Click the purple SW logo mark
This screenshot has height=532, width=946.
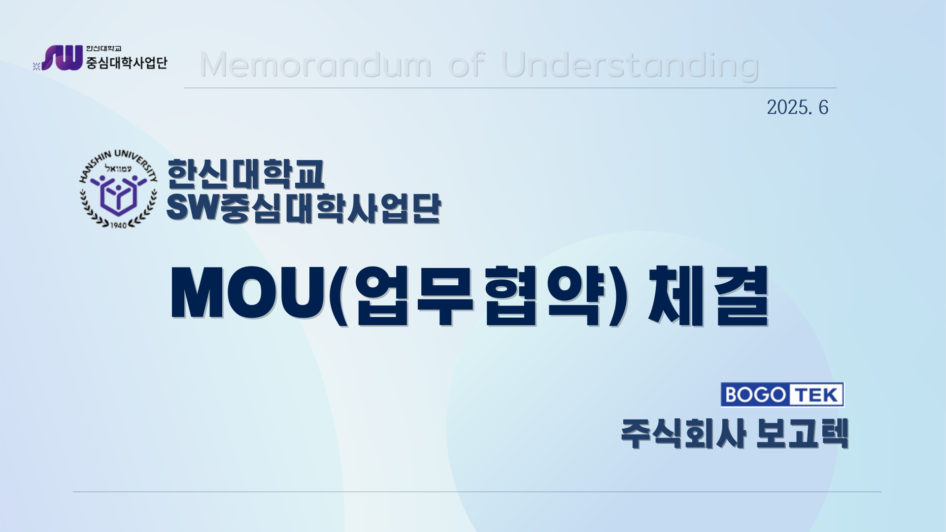coord(62,58)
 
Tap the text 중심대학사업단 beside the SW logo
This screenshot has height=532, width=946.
coord(127,63)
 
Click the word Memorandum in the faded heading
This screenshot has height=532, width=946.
coord(316,65)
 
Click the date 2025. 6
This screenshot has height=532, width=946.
coord(797,107)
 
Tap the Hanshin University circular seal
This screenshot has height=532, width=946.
coord(118,189)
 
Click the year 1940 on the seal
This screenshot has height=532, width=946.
coord(118,225)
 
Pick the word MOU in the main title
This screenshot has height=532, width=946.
coord(249,294)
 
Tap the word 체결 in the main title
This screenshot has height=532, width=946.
coord(709,296)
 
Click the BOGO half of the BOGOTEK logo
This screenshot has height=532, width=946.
coord(755,395)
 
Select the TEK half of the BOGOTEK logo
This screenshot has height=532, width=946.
coord(817,395)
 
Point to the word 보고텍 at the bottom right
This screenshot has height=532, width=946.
coord(802,433)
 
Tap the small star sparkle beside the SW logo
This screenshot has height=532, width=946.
coord(36,66)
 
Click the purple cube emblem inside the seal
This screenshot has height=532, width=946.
coord(118,196)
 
